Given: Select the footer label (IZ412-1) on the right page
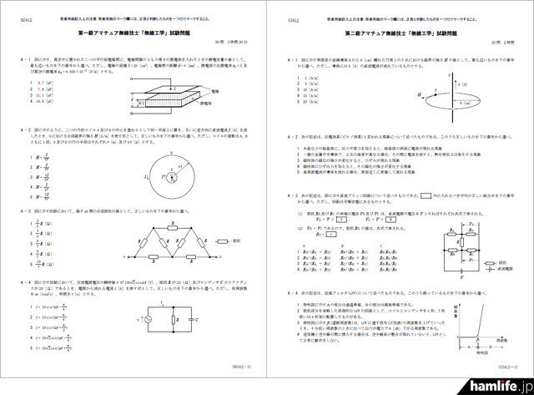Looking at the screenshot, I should pyautogui.click(x=510, y=365).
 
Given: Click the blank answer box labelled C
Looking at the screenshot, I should pyautogui.click(x=332, y=236).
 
